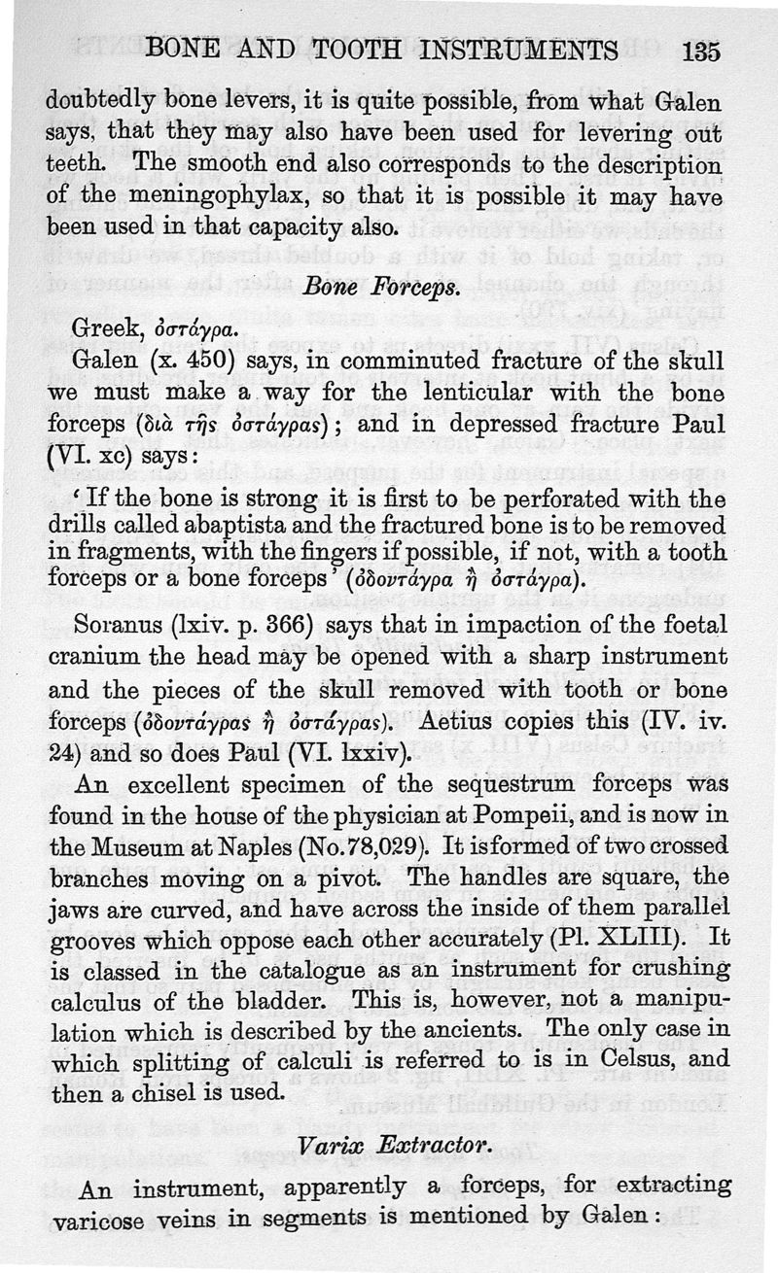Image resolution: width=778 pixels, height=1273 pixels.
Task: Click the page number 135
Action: [x=701, y=51]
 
